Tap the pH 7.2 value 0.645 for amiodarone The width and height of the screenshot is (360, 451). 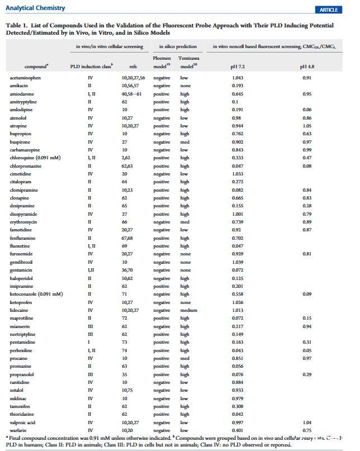click(x=238, y=94)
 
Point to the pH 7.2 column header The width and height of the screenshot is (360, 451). click(x=238, y=67)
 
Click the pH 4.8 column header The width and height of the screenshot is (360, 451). click(x=307, y=67)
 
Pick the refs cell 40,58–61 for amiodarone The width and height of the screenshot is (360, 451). click(x=132, y=94)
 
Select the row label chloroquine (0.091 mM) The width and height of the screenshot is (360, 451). click(x=35, y=158)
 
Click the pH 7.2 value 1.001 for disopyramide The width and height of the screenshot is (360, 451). click(x=238, y=214)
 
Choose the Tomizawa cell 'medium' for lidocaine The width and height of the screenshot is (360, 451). click(x=189, y=310)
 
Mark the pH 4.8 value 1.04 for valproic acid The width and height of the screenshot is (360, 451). click(x=307, y=422)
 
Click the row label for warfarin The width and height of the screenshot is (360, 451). click(x=18, y=430)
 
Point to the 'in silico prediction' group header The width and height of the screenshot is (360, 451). click(x=176, y=46)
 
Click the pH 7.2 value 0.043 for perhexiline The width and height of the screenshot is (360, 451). click(x=238, y=350)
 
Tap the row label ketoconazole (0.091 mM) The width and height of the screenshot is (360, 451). click(x=36, y=294)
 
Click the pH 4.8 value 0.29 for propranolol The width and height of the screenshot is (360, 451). click(x=307, y=374)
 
